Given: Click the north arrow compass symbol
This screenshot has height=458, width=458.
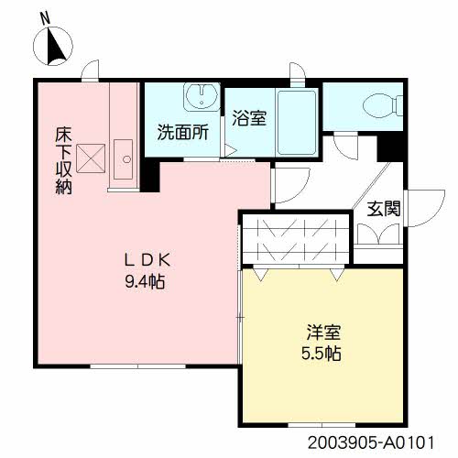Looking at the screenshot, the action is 53,46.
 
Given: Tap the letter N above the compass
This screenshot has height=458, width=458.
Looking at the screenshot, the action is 46,19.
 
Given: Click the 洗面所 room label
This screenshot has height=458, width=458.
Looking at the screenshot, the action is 183,133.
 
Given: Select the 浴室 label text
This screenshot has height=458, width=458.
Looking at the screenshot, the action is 249,118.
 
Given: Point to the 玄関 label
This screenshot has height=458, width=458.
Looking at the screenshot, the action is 384,209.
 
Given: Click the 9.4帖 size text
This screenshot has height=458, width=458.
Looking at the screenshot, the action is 145,282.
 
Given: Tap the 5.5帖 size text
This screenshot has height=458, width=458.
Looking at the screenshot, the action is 322,354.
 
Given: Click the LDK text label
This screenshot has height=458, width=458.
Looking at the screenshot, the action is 147,260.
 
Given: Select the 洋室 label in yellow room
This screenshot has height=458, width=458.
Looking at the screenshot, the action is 323,333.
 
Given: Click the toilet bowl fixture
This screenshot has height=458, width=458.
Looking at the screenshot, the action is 383,105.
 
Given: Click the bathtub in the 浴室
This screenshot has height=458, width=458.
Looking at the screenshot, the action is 297,122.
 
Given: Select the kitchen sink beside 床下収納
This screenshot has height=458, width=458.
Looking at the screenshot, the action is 123,159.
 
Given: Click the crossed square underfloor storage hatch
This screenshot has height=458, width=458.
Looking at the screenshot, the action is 91,158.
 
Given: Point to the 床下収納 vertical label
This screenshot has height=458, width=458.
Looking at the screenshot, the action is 63,161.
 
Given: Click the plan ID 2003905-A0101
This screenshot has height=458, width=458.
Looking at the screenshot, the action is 370,442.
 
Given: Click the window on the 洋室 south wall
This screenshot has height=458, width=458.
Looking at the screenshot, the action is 322,425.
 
